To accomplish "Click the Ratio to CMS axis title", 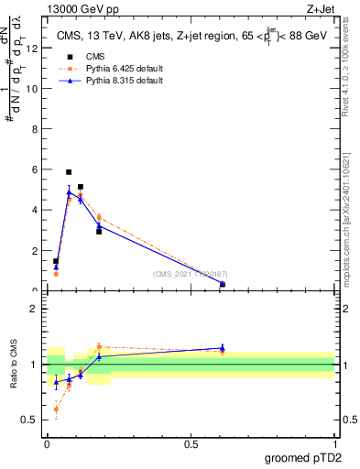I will tap(15, 365).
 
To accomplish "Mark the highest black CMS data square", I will tap(69, 172).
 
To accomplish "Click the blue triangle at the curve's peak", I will tap(69, 192).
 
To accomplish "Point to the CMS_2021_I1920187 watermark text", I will tap(188, 274).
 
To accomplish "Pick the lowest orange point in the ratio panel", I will tap(56, 409).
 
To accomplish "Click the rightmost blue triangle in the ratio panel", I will tap(223, 348).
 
